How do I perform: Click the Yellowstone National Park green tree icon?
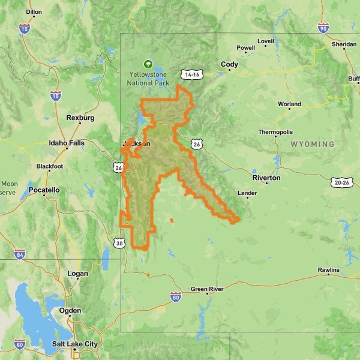[x=147, y=64]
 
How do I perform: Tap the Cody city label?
[x=229, y=65]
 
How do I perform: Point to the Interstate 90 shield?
[x=323, y=28]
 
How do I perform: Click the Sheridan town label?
[x=344, y=45]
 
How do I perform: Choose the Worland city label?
[x=289, y=104]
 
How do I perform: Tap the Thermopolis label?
[x=275, y=132]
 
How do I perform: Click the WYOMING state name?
[x=313, y=145]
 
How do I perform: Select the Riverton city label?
[x=266, y=178]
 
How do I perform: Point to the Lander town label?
[x=247, y=193]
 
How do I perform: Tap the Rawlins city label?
[x=328, y=271]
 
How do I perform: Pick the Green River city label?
[x=207, y=289]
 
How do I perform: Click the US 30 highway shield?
[x=120, y=243]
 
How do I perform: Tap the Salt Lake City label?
[x=74, y=344]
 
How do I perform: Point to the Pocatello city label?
[x=44, y=190]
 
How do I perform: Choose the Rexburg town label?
[x=80, y=118]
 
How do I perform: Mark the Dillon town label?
[x=34, y=11]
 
